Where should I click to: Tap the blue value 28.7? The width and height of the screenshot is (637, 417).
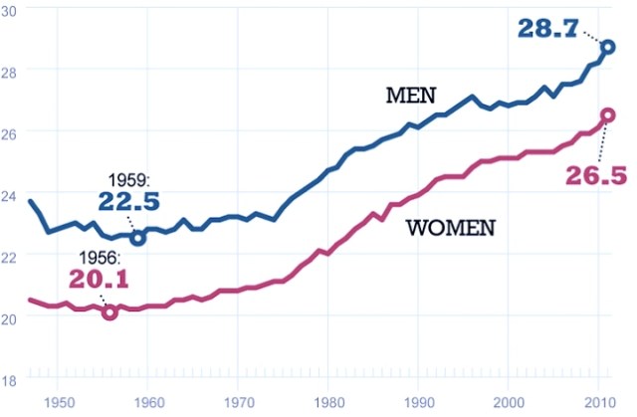coord(547,29)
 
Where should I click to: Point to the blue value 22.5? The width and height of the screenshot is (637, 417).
coord(128,201)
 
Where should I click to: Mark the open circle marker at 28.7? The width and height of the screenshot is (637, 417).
coord(608,47)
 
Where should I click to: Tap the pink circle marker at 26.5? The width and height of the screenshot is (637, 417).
coord(608,115)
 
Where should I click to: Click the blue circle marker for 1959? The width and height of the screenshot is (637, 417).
coord(138,238)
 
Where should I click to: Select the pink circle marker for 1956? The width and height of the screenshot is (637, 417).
coord(109,313)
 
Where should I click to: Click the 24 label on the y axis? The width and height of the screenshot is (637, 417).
coord(11,195)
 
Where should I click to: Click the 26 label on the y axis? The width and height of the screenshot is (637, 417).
coord(11,132)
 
